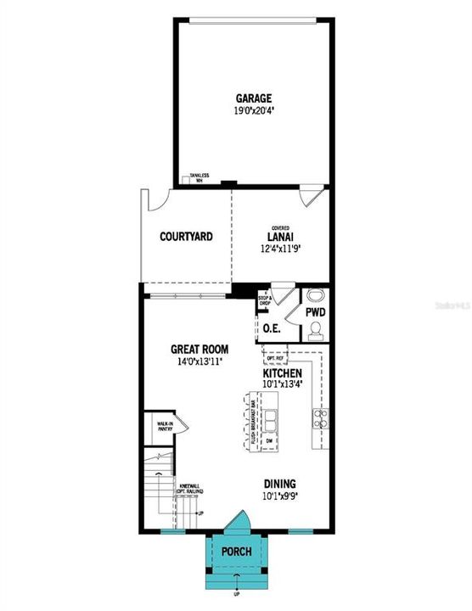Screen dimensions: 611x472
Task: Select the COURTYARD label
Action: pyautogui.click(x=186, y=237)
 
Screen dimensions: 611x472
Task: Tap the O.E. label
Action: pyautogui.click(x=272, y=328)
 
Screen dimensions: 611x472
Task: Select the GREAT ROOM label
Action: pyautogui.click(x=199, y=349)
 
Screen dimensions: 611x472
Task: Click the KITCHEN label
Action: pyautogui.click(x=282, y=373)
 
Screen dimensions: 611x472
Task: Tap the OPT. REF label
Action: pyautogui.click(x=273, y=359)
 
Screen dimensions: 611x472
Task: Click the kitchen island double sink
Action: pyautogui.click(x=272, y=419)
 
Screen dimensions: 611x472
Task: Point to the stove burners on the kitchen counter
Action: pyautogui.click(x=321, y=417)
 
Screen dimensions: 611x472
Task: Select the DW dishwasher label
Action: pyautogui.click(x=269, y=440)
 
